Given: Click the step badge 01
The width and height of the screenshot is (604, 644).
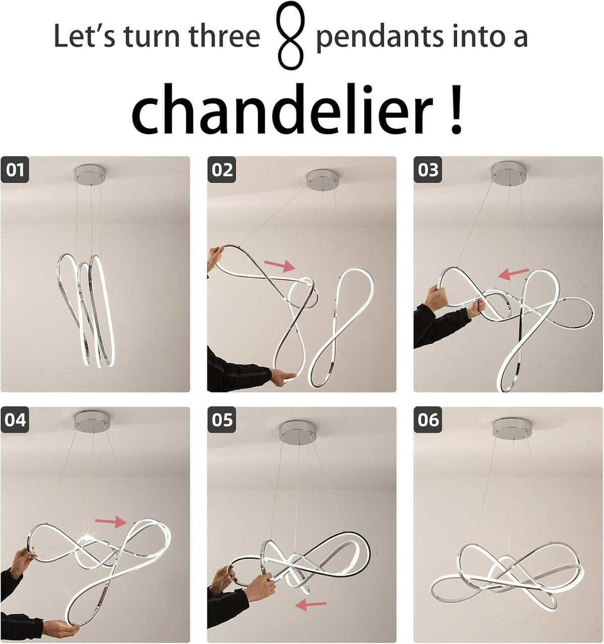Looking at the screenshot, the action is [x=15, y=169].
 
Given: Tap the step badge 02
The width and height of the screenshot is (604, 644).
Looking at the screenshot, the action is [x=222, y=169].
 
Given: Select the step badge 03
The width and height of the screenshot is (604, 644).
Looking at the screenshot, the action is [x=428, y=169].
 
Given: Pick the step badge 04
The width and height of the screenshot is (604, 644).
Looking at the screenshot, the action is [x=15, y=420].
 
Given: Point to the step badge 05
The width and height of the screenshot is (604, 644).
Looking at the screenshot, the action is [x=222, y=420].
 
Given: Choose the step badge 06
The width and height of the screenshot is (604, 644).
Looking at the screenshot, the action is [x=428, y=420].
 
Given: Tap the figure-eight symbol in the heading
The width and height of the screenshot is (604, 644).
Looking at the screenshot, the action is [x=291, y=35].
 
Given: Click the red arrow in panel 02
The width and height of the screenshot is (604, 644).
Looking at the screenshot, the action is [x=279, y=264].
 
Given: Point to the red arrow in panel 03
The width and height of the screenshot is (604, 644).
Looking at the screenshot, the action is [x=514, y=273].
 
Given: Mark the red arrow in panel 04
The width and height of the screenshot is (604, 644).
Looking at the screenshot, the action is [x=111, y=521].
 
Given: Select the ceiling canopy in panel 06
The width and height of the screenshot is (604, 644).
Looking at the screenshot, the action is [x=510, y=429].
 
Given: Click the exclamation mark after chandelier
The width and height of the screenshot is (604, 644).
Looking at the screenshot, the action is [x=456, y=109].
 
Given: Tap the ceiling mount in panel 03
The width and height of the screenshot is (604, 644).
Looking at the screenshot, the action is [x=509, y=174].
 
